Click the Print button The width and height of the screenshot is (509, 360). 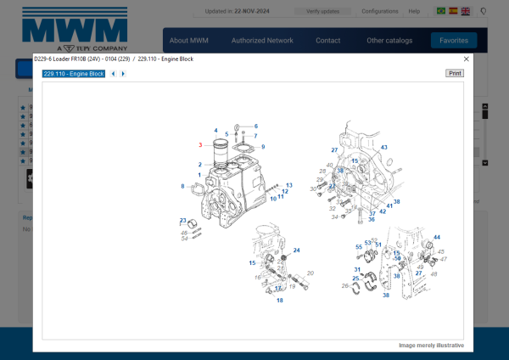(455, 74)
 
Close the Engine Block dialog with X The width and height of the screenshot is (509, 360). (467, 59)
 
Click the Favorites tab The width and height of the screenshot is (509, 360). (453, 40)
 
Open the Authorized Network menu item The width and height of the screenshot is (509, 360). (262, 40)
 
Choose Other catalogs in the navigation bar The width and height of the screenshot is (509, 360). (389, 40)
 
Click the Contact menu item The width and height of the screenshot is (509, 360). (328, 40)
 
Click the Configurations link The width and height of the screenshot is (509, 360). (379, 11)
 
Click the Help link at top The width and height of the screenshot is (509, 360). (414, 11)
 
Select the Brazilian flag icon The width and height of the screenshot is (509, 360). (440, 11)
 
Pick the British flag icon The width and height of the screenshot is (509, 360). (466, 11)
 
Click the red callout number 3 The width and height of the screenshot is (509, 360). (200, 145)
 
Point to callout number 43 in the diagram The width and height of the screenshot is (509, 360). (383, 147)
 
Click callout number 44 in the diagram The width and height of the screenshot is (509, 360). (437, 237)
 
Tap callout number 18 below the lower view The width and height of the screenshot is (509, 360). (279, 300)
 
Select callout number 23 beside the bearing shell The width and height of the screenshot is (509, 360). (182, 221)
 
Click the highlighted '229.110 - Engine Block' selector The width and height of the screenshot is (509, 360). (74, 74)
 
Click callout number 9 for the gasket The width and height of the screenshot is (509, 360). (263, 147)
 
